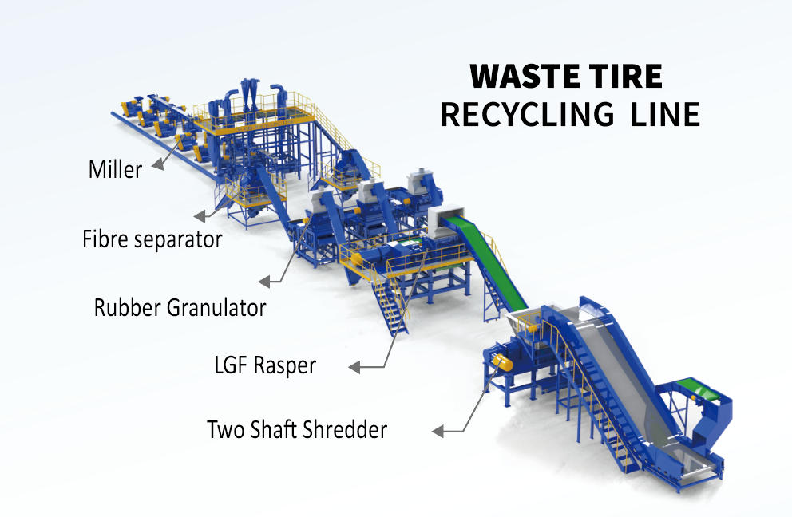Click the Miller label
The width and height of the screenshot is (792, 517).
pos(114,169)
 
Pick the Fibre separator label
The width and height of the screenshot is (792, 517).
pos(152,239)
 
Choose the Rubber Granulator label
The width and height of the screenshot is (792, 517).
pos(180,307)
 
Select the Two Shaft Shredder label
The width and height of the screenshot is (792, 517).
pos(297,430)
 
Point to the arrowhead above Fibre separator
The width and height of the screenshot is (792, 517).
pos(199,215)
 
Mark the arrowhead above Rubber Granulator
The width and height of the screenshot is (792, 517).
pos(266,282)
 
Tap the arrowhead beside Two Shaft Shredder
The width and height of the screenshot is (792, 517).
pos(438,432)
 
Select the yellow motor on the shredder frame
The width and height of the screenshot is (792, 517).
pos(501,361)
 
